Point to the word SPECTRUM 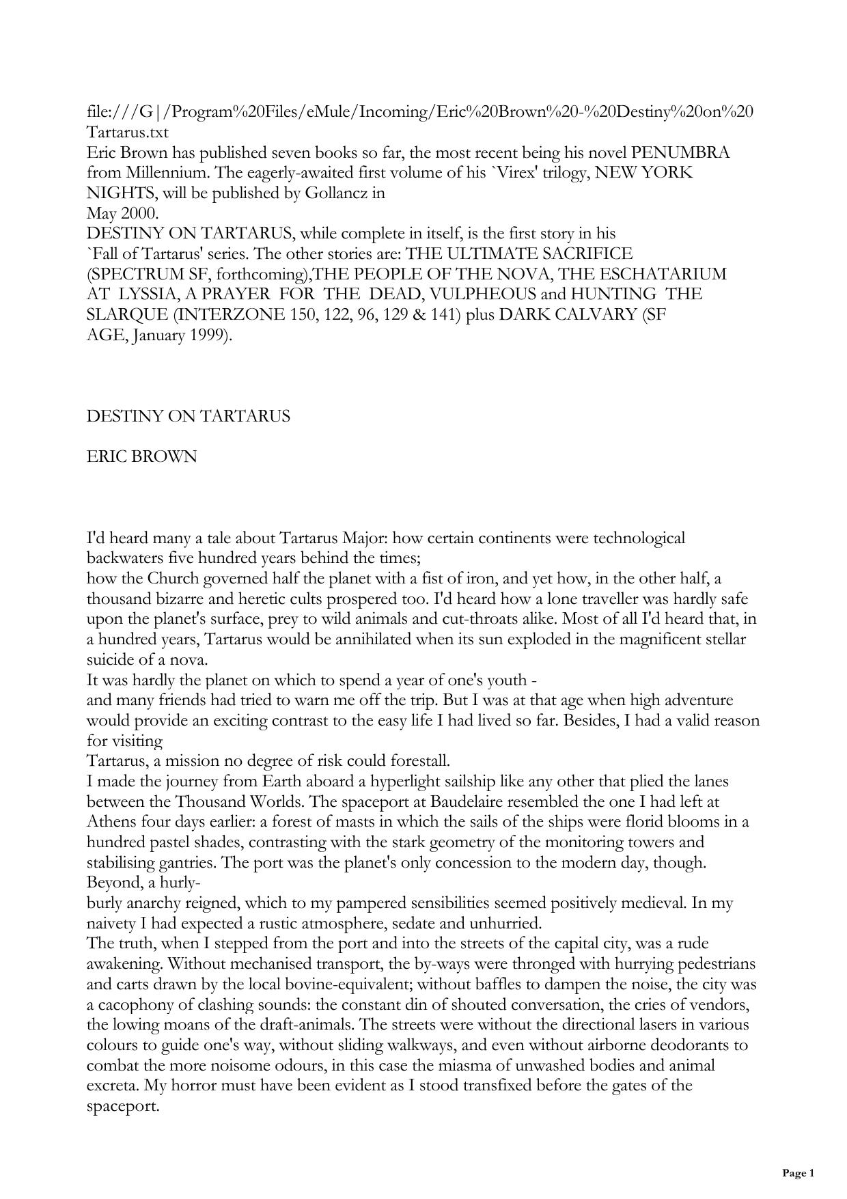pyautogui.click(x=135, y=275)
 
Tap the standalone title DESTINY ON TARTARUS pyautogui.click(x=189, y=417)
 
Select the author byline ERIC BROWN pyautogui.click(x=142, y=457)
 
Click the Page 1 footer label pyautogui.click(x=798, y=1173)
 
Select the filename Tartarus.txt pyautogui.click(x=128, y=133)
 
